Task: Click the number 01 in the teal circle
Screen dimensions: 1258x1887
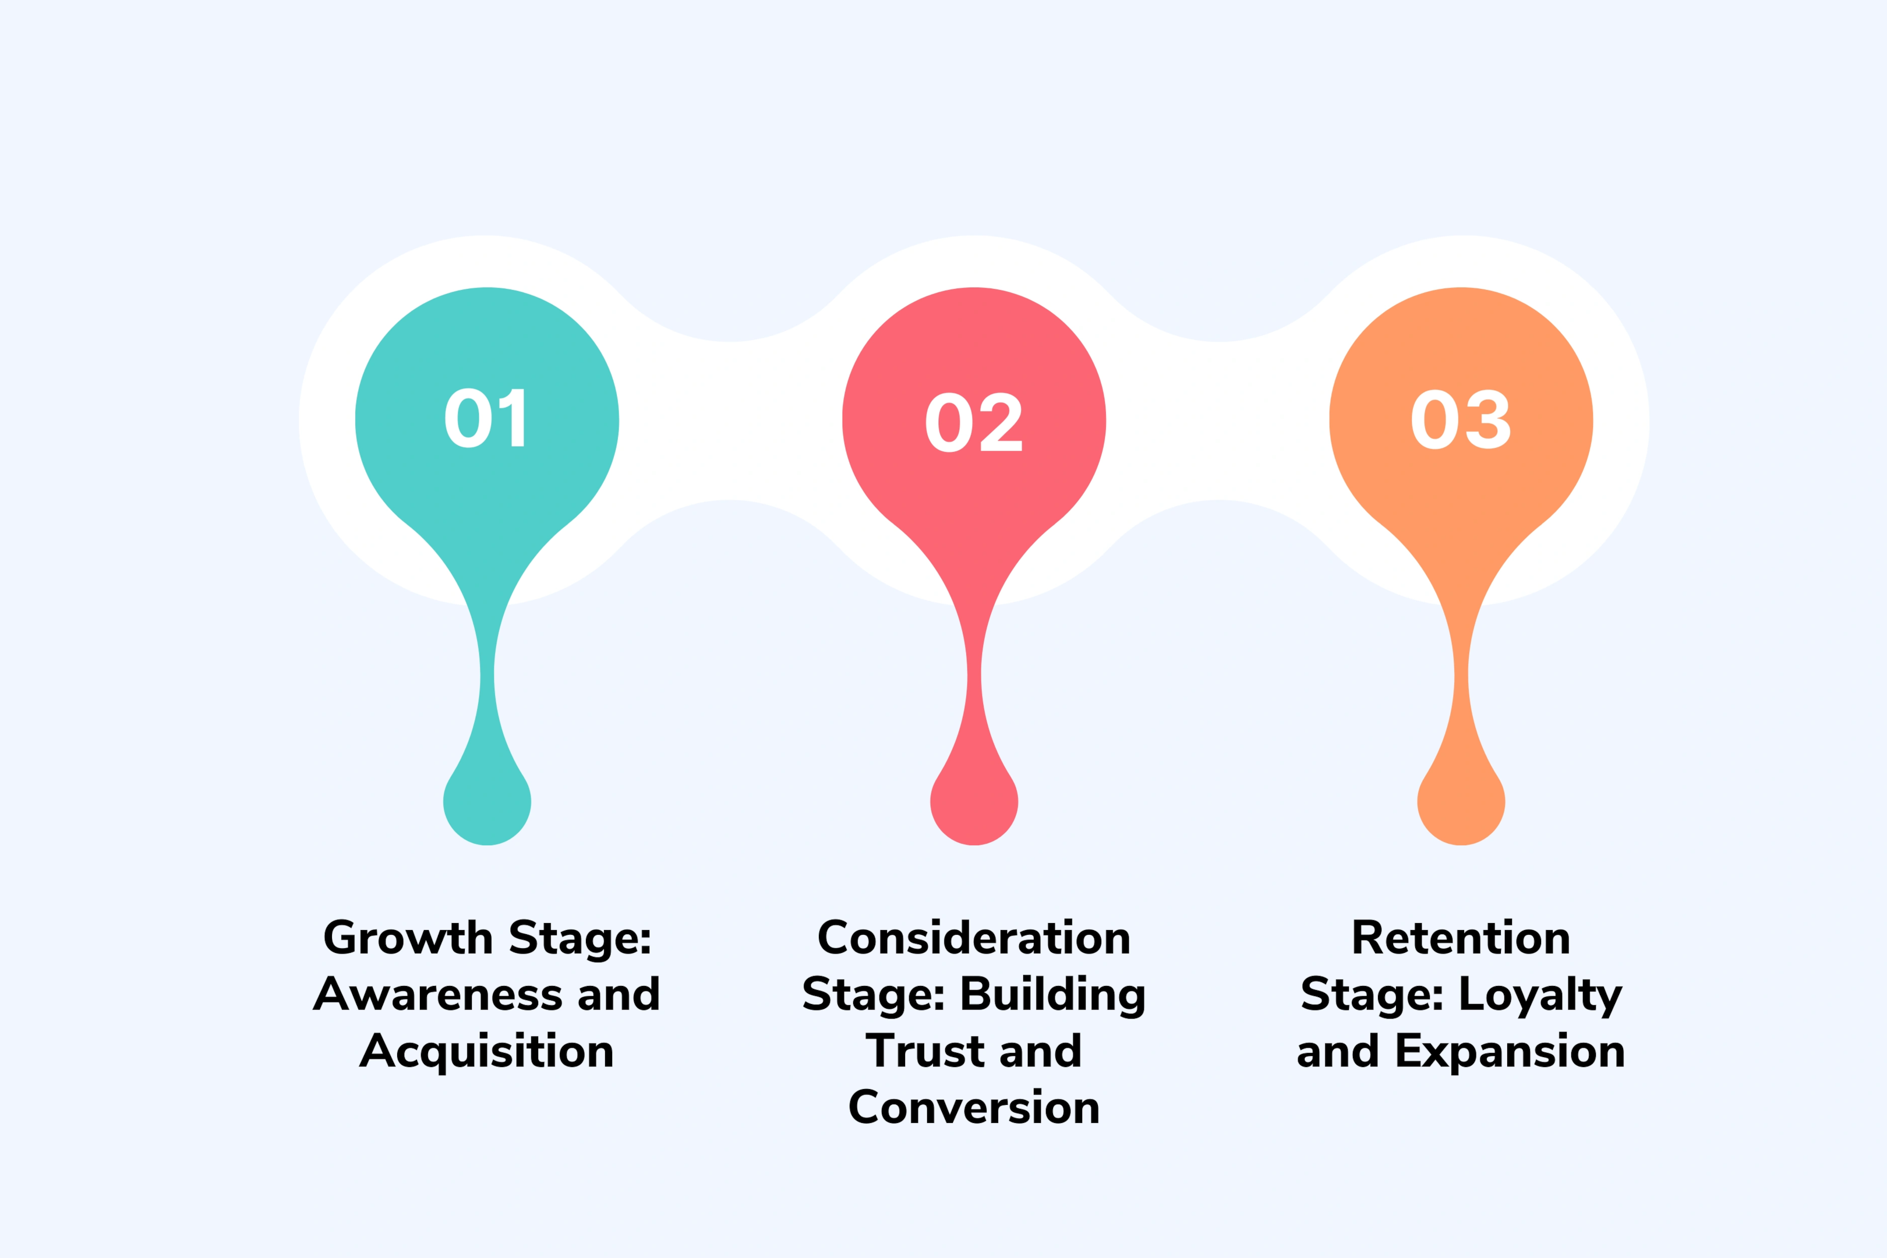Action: [486, 419]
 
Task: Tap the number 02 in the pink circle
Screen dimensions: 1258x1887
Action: [973, 422]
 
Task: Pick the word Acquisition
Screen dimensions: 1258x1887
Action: [487, 1052]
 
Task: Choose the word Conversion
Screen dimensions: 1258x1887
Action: [974, 1108]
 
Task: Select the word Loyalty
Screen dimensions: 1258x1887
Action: [1540, 995]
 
